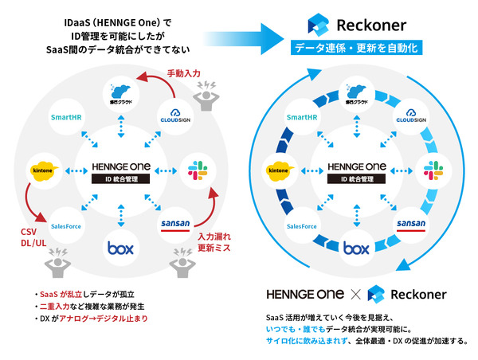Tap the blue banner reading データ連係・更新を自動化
(364, 48)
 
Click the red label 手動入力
(183, 73)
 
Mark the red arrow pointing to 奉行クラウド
(156, 77)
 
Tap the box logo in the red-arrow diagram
(119, 248)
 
